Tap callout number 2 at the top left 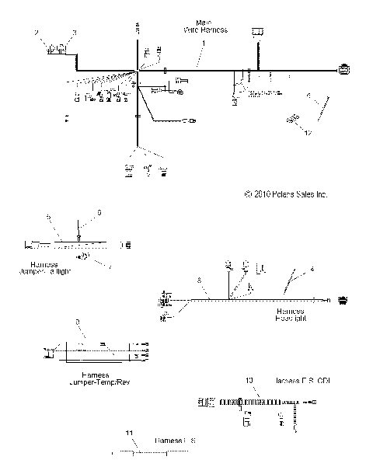37,32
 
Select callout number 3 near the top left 75,33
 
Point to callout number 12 309,134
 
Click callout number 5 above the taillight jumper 48,216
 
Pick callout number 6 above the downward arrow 99,212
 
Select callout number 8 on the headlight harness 198,279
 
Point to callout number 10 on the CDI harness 249,381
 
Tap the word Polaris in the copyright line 273,195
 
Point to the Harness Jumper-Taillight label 53,268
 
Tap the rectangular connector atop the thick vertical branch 256,32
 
